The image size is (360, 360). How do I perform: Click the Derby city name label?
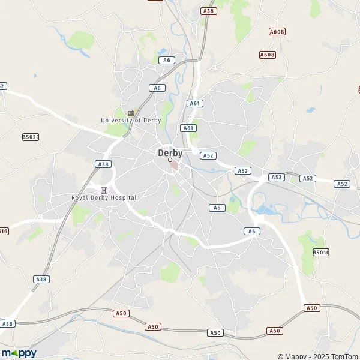[170, 152]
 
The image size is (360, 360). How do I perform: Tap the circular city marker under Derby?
[170, 160]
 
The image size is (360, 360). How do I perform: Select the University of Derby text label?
[131, 120]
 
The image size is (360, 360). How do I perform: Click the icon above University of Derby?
[131, 112]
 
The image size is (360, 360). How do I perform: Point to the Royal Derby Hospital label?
[104, 197]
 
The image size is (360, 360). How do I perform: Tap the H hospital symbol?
[104, 190]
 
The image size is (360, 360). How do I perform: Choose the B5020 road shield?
[31, 137]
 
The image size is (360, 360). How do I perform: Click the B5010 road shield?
[321, 253]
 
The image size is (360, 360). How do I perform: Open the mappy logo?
[19, 353]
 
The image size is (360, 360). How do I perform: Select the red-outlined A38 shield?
[209, 11]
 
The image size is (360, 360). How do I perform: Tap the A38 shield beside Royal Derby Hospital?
[103, 164]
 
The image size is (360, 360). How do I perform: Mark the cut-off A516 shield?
[4, 231]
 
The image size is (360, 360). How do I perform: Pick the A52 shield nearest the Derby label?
[208, 155]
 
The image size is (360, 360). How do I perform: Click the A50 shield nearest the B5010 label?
[311, 308]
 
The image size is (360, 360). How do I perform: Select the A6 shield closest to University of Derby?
[157, 88]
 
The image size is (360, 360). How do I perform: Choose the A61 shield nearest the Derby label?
[188, 128]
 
